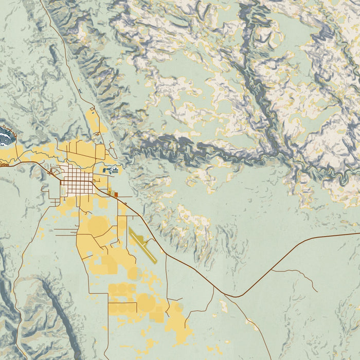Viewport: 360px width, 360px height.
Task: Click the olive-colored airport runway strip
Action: click(x=142, y=246)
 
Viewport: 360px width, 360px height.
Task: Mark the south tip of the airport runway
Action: click(x=155, y=262)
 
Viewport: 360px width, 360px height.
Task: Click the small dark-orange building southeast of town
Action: click(x=116, y=194)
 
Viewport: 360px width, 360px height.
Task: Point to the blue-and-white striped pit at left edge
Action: click(x=7, y=138)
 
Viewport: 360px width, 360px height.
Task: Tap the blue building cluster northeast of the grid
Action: click(x=111, y=171)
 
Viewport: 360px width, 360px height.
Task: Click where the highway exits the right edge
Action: click(x=358, y=233)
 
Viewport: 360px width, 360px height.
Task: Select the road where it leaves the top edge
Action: click(x=41, y=2)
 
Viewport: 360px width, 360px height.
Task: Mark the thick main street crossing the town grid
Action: click(x=77, y=181)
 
